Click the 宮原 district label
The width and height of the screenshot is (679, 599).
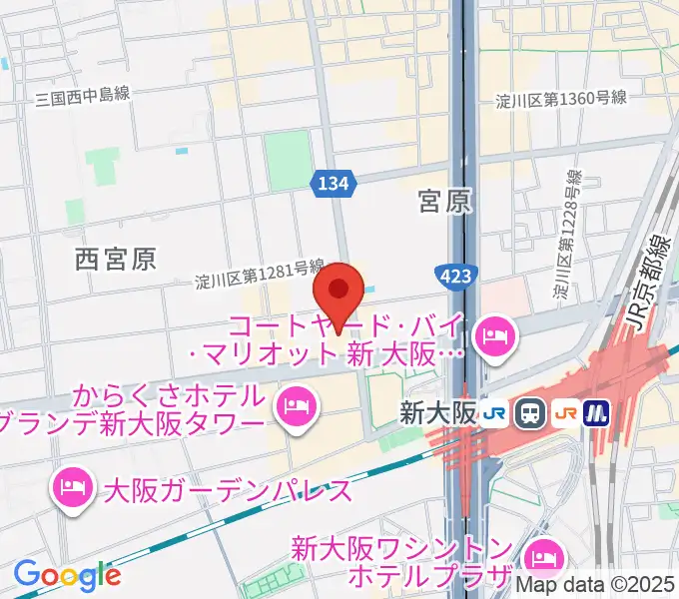tap(444, 204)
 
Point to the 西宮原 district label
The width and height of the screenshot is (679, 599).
tap(116, 260)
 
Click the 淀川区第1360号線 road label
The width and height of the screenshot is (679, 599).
tap(561, 98)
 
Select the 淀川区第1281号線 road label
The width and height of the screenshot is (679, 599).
tap(260, 276)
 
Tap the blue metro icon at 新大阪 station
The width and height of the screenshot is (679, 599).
tap(596, 410)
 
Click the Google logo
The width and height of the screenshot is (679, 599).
tap(67, 575)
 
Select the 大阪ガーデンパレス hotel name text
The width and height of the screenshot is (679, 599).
tap(228, 490)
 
